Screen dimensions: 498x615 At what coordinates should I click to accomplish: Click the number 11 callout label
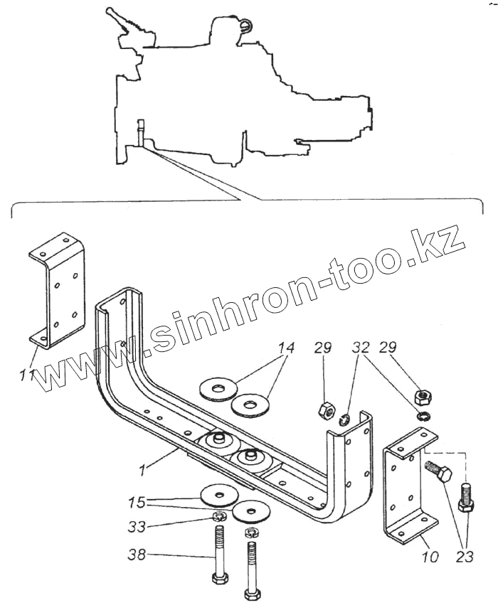(27, 374)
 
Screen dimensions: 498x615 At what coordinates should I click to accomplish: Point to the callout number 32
(361, 348)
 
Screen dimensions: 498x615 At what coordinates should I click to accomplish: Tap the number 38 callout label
(138, 554)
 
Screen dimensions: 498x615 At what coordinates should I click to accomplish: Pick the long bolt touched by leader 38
(219, 562)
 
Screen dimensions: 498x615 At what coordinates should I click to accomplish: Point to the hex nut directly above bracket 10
(420, 395)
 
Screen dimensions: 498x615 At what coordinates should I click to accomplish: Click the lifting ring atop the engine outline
(245, 27)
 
